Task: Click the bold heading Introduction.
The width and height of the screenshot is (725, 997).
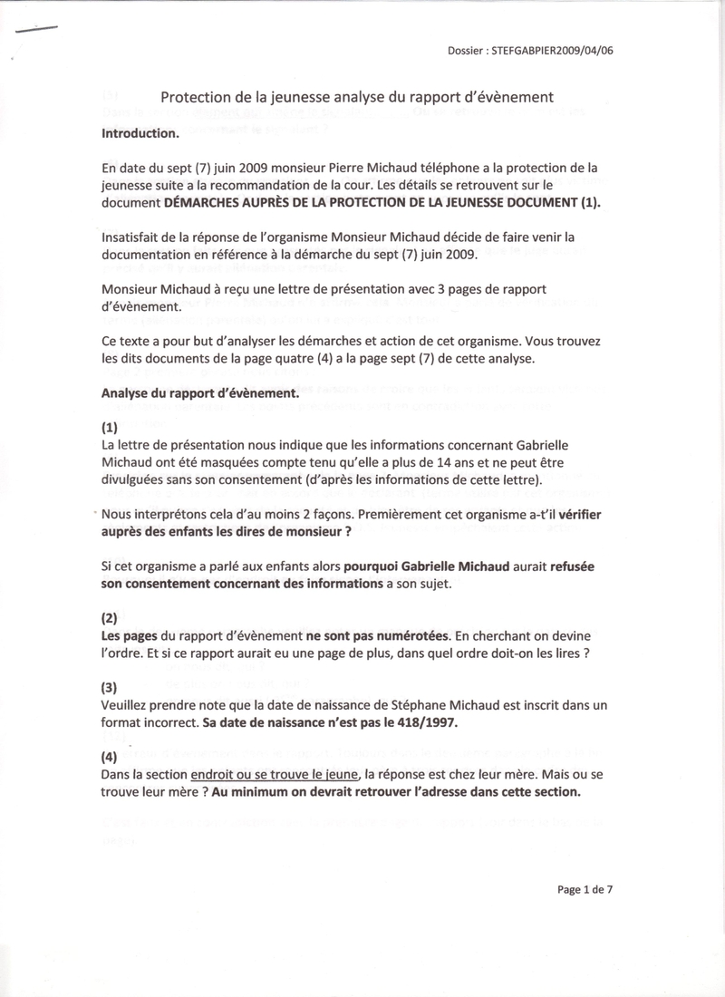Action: pyautogui.click(x=140, y=132)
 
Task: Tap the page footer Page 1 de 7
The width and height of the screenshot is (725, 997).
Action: pyautogui.click(x=585, y=889)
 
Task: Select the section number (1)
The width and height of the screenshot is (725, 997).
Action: pyautogui.click(x=110, y=427)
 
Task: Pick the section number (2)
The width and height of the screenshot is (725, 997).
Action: pyautogui.click(x=110, y=618)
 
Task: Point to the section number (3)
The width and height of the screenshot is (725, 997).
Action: pyautogui.click(x=110, y=687)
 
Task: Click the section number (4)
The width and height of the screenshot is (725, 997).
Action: pyautogui.click(x=110, y=756)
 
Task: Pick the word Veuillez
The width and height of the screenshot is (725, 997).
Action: pyautogui.click(x=128, y=704)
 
